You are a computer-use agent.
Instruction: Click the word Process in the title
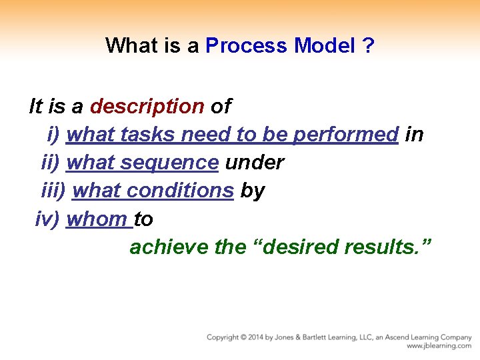point(247,45)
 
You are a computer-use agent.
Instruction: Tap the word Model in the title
point(324,45)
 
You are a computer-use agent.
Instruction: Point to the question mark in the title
point(369,45)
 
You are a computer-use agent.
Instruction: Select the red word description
point(147,106)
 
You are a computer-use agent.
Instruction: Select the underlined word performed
point(345,135)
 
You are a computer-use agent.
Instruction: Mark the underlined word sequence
point(176,163)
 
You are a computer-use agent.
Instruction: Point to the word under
point(255,163)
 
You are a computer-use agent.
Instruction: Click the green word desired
point(299,247)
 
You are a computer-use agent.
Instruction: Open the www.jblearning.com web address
point(439,347)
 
